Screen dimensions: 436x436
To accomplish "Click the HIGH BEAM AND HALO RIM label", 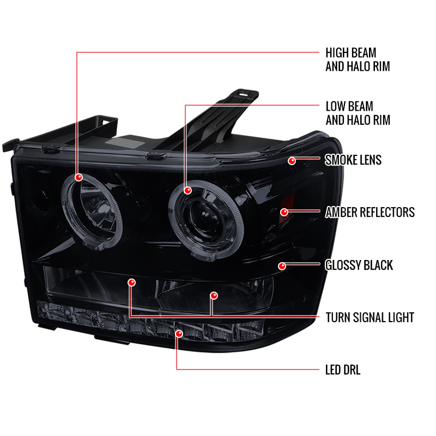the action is [x=358, y=59].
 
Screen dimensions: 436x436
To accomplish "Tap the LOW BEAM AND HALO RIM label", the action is [x=358, y=113].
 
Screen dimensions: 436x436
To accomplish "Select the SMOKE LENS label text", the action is [x=353, y=160].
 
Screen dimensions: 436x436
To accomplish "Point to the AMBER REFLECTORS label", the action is [x=370, y=213].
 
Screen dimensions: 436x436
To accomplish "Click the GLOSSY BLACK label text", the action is [x=359, y=265].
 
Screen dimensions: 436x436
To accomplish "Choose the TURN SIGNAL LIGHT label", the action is [x=370, y=318].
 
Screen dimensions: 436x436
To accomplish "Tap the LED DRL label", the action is [x=343, y=370].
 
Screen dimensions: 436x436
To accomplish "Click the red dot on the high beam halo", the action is [x=78, y=177].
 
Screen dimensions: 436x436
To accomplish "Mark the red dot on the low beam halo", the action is [x=187, y=190].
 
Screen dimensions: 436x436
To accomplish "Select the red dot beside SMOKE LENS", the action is [x=292, y=161].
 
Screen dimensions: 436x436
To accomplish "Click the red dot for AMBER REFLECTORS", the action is [x=284, y=213].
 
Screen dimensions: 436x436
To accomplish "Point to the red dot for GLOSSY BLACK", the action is [x=282, y=266].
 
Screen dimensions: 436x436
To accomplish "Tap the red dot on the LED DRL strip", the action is [x=179, y=334].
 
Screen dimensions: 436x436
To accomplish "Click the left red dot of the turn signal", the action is [x=131, y=283].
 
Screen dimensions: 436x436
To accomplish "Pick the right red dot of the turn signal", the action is [x=214, y=295].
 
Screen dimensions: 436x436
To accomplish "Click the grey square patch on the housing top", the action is [x=125, y=143].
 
